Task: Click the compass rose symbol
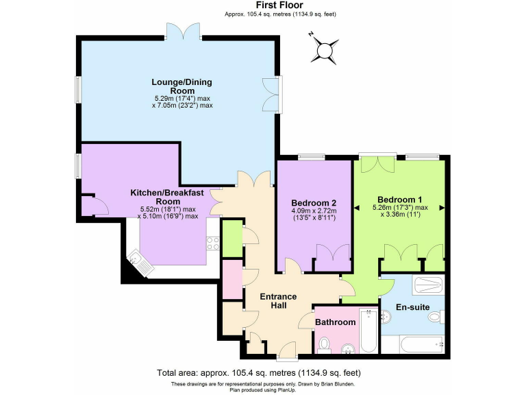325,49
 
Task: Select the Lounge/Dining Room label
181,86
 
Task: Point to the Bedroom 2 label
314,203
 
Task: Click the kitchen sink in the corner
139,262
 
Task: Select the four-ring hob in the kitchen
212,243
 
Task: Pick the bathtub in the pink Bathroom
368,331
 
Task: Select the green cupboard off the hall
232,237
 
